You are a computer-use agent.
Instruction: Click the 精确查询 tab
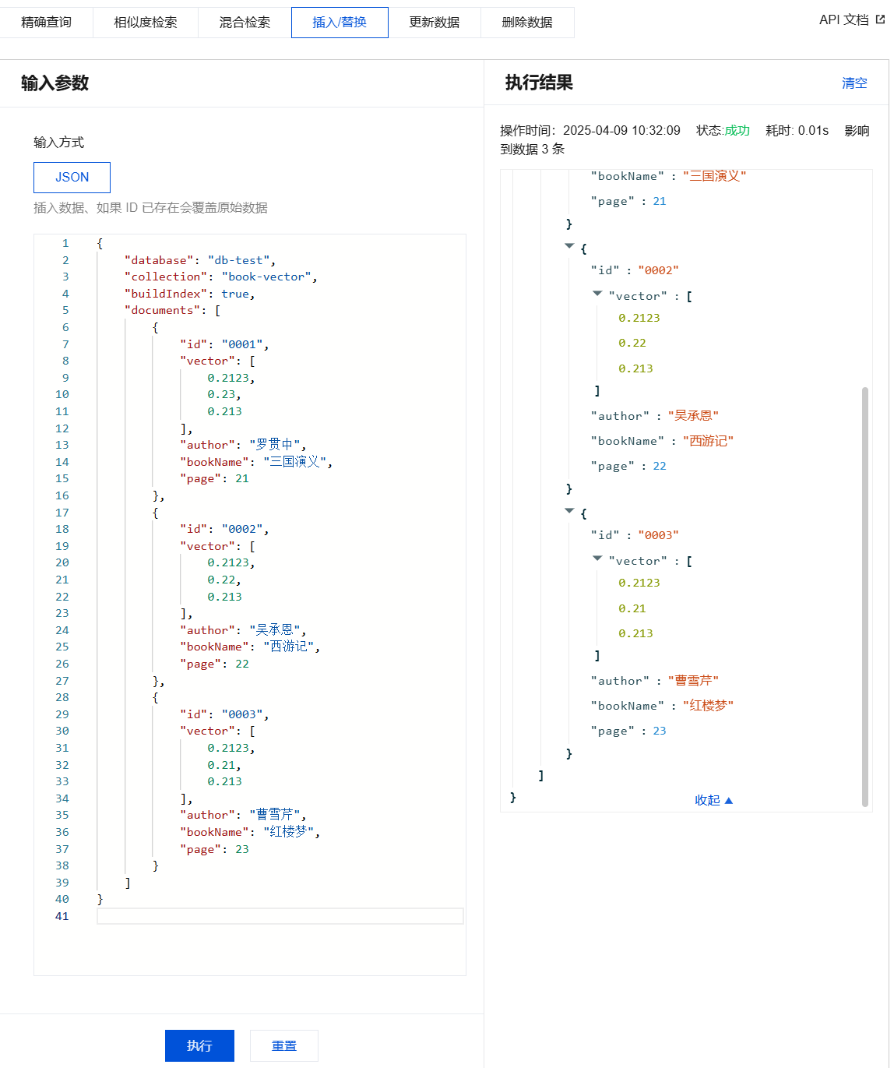coord(46,23)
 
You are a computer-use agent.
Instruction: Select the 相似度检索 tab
coord(145,23)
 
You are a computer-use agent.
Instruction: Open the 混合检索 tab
coord(245,23)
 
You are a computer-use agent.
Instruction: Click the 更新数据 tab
coord(434,23)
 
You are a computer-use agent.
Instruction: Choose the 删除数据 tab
coord(527,23)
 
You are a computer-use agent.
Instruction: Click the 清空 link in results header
coord(854,83)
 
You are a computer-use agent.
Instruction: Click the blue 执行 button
coord(199,1045)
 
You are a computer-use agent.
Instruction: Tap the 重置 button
coord(283,1045)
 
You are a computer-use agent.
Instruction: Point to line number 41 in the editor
coord(62,916)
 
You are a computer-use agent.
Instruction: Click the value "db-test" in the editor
coord(238,260)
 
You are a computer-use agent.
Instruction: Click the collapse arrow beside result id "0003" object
coord(569,511)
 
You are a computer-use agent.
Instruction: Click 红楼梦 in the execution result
coord(708,706)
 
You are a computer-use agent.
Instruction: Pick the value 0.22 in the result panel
coord(632,343)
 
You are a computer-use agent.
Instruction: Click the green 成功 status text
coord(737,130)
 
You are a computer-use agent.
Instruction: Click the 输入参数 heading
coord(55,83)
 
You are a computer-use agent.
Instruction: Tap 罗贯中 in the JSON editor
coord(274,445)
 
